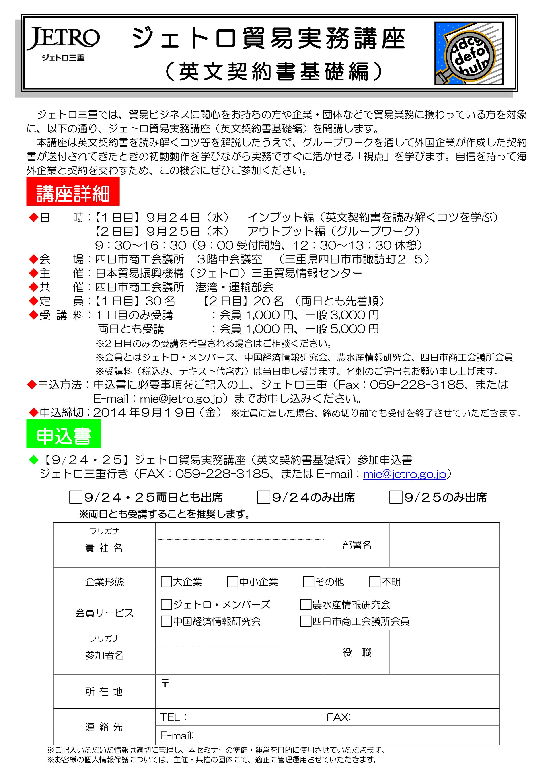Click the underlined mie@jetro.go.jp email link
(x=405, y=474)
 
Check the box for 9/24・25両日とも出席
(x=76, y=497)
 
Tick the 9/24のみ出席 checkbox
(x=263, y=497)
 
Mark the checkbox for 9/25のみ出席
(x=396, y=497)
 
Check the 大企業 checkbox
(x=166, y=582)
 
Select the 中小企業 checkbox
(x=232, y=582)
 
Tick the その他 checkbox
(x=308, y=582)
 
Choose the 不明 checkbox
(x=375, y=582)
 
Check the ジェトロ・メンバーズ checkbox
(x=166, y=605)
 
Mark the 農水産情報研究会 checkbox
(x=306, y=605)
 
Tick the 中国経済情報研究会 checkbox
(x=166, y=621)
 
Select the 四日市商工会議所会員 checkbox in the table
(x=306, y=621)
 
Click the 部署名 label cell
(x=357, y=545)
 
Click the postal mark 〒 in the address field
(x=165, y=683)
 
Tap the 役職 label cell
(x=357, y=652)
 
